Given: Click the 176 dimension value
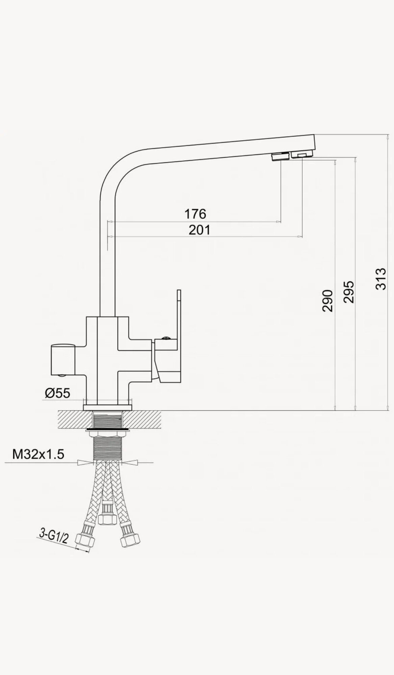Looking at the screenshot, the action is [195, 214].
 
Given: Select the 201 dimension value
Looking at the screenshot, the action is [199, 230].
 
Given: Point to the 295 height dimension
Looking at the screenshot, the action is [350, 292].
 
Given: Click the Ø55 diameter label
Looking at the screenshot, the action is [57, 393].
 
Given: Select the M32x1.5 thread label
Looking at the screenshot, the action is [38, 454].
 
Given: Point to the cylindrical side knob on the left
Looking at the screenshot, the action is [63, 359].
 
